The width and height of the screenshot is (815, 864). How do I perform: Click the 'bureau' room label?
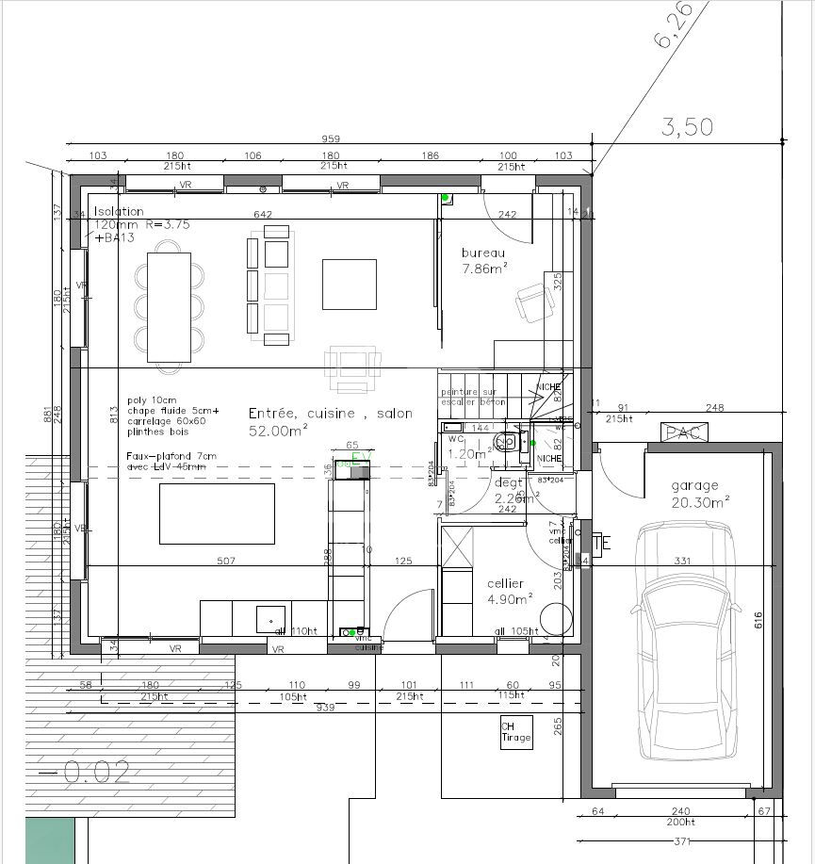click(483, 253)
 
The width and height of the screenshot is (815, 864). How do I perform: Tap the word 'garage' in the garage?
click(694, 485)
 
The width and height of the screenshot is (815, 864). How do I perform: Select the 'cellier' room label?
click(505, 583)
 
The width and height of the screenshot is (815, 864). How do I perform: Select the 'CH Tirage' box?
click(515, 732)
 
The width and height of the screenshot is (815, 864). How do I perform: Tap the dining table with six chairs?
click(170, 307)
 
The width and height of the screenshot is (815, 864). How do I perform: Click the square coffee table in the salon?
click(349, 285)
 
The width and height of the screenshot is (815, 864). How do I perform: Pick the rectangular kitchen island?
click(217, 514)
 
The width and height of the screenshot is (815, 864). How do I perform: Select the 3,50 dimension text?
click(687, 126)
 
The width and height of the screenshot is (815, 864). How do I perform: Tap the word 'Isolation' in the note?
click(119, 212)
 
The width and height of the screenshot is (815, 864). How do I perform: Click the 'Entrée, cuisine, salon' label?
click(330, 414)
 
